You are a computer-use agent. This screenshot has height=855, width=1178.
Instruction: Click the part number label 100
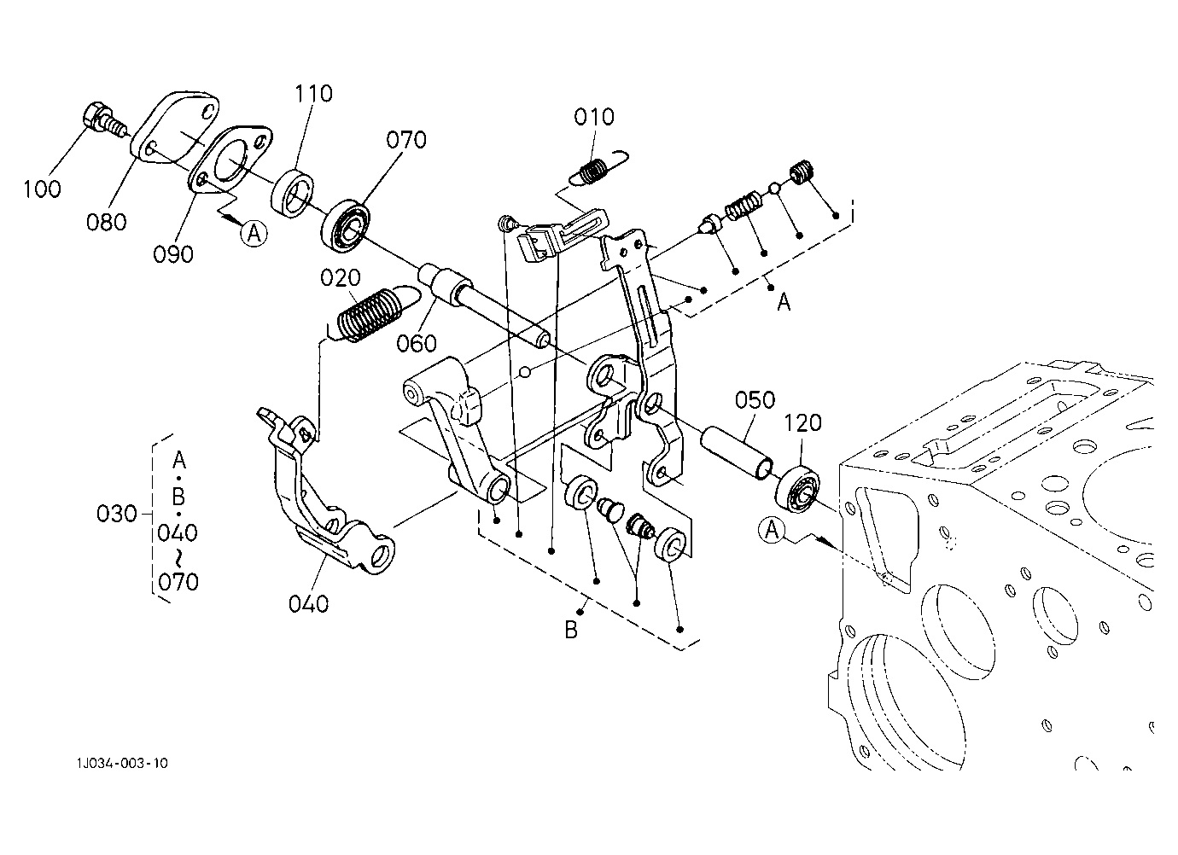tap(42, 189)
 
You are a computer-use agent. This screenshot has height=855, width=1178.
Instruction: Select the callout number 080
tap(106, 222)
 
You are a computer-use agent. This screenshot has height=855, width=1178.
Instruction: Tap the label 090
tap(173, 254)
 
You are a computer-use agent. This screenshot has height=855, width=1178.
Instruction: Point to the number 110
tap(313, 94)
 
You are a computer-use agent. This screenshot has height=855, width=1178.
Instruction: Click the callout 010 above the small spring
tap(594, 117)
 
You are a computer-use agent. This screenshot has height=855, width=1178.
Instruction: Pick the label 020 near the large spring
tap(341, 278)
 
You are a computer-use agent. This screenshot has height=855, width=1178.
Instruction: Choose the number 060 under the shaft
tap(417, 344)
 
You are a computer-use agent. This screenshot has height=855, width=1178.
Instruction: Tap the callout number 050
tap(755, 400)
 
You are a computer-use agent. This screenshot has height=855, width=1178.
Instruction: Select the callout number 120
tap(802, 423)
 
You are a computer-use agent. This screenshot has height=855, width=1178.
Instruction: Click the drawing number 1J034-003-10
tap(122, 763)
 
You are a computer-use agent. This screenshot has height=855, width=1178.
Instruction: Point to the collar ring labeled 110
tap(293, 193)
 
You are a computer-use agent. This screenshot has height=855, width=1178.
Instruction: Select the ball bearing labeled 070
tap(346, 227)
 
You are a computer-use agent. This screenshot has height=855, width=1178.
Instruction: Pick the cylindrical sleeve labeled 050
tap(737, 453)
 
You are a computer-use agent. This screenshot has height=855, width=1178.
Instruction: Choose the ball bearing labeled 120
tap(798, 489)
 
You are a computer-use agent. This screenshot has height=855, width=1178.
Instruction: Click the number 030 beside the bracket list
tap(117, 514)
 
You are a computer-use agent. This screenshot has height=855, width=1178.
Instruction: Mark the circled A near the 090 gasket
tap(254, 233)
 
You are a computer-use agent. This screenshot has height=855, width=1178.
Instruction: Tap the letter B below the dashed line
tap(571, 630)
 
